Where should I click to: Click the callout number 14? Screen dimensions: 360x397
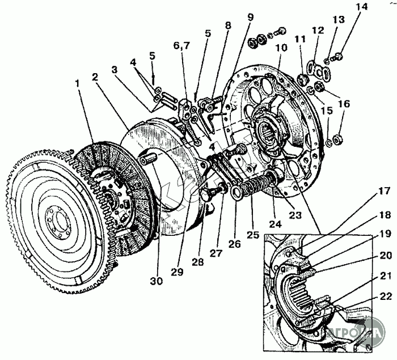(x=362, y=7)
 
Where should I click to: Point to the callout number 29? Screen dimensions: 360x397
(x=178, y=273)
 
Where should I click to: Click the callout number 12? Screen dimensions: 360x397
(x=318, y=29)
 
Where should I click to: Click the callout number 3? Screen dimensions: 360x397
(x=115, y=70)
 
